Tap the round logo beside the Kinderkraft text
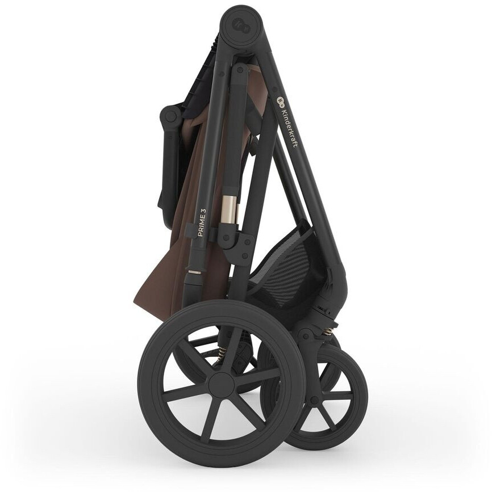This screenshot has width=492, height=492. pos(280,101)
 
